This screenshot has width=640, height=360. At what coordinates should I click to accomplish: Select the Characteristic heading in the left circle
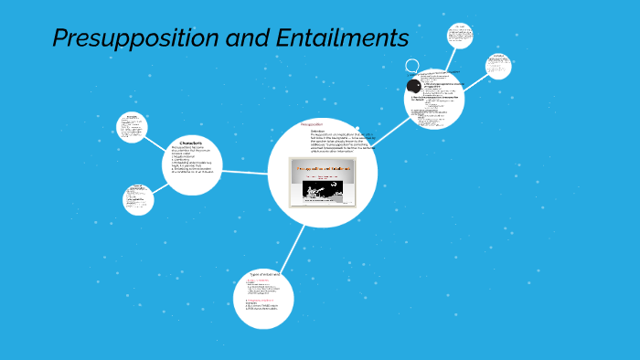[x=191, y=142]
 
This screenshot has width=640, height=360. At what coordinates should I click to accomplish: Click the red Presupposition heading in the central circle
[x=312, y=124]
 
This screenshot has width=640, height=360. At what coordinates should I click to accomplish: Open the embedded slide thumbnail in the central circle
[x=322, y=182]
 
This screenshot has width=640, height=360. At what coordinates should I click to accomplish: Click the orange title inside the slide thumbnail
[x=322, y=170]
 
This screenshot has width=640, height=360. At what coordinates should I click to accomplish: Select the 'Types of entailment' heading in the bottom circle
[x=263, y=274]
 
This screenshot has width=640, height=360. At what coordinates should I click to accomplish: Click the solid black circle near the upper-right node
[x=413, y=86]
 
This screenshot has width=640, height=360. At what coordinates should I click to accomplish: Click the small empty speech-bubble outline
[x=412, y=66]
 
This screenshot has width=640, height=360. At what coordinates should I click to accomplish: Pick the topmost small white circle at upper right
[x=460, y=36]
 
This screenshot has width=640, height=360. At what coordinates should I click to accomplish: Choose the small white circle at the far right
[x=498, y=66]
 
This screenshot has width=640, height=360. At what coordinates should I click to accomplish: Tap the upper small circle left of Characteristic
[x=133, y=127]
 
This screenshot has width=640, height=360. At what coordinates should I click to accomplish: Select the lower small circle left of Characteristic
[x=138, y=198]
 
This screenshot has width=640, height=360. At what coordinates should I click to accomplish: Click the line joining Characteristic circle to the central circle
[x=245, y=171]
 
